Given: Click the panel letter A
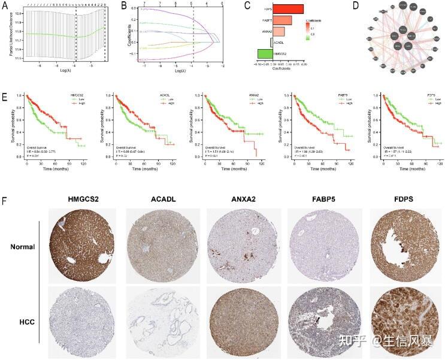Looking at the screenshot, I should pos(5,8).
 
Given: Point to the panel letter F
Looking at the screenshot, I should pos(5,196).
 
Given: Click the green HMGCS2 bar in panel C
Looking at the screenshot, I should pos(265,55).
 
